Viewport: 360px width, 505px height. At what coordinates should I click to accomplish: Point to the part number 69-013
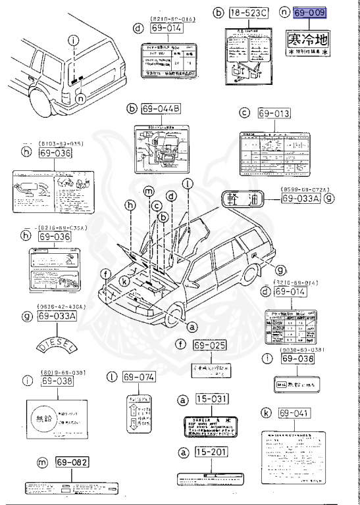pyautogui.click(x=274, y=114)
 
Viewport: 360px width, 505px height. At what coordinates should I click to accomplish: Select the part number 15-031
pyautogui.click(x=209, y=400)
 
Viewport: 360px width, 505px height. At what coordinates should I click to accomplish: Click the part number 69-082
pyautogui.click(x=72, y=463)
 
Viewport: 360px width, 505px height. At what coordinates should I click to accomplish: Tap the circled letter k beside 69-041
pyautogui.click(x=266, y=413)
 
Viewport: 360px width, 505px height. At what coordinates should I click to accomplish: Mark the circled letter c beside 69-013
pyautogui.click(x=245, y=114)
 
